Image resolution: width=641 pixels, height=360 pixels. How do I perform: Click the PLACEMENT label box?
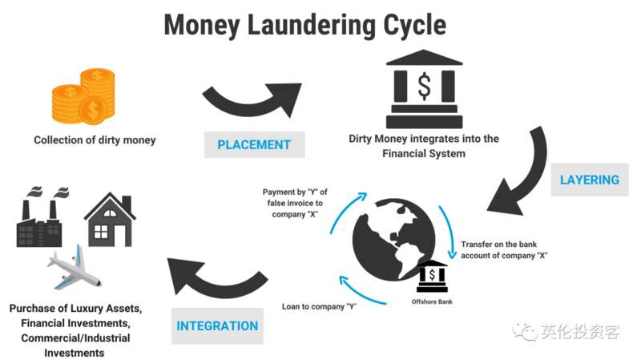(x=254, y=144)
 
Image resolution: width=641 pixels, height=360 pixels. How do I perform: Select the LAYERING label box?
(x=590, y=180)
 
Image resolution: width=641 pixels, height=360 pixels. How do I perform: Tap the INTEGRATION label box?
(x=217, y=326)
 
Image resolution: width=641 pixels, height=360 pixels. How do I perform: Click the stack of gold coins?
(x=83, y=96)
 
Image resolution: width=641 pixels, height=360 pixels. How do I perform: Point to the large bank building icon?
(x=425, y=89)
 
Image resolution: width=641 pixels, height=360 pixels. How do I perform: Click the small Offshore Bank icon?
(x=432, y=276)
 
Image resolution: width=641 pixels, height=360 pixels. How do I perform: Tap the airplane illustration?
(x=75, y=268)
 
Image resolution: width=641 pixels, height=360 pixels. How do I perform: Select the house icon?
(x=110, y=220)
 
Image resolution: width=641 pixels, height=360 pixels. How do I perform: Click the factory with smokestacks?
(x=42, y=216)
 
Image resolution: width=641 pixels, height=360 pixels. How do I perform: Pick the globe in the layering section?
(x=393, y=240)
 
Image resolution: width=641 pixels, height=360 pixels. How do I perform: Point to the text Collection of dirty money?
(x=95, y=140)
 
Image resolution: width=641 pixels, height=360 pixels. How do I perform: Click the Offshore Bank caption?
(x=432, y=301)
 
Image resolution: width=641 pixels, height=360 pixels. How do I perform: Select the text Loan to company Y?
(x=319, y=306)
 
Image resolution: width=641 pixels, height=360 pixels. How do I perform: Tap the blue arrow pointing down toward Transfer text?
(x=449, y=232)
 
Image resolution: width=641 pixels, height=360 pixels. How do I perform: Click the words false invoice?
(x=295, y=203)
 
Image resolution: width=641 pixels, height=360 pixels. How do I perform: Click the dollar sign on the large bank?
(x=425, y=87)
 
